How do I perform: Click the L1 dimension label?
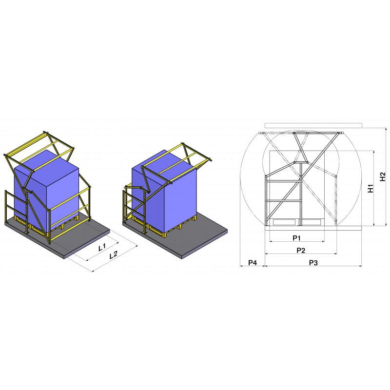(x=102, y=247)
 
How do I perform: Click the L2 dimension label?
(x=114, y=254)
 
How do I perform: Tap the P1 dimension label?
(x=296, y=238)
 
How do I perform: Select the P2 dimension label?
(x=301, y=250)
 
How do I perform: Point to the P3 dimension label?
(x=313, y=262)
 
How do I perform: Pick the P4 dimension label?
(x=253, y=262)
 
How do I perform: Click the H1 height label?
(x=370, y=188)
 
